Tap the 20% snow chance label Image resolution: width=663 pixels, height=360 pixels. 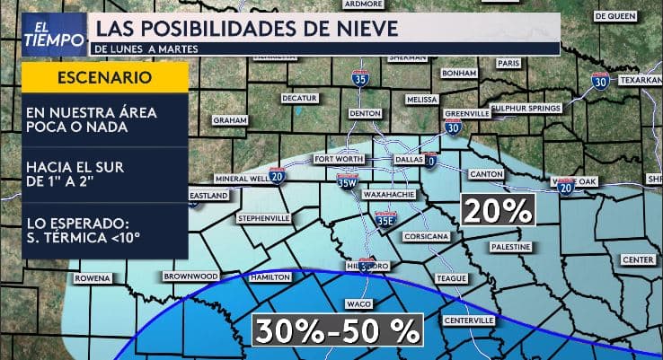(498, 210)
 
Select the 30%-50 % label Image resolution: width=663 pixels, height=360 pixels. (338, 330)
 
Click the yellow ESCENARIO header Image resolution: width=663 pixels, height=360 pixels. (104, 77)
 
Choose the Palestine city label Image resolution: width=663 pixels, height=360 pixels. (512, 245)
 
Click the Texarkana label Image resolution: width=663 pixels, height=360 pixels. (639, 80)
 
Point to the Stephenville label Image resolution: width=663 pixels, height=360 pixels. (263, 218)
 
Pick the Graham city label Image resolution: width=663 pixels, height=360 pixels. (229, 119)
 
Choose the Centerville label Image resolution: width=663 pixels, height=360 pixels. (469, 320)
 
